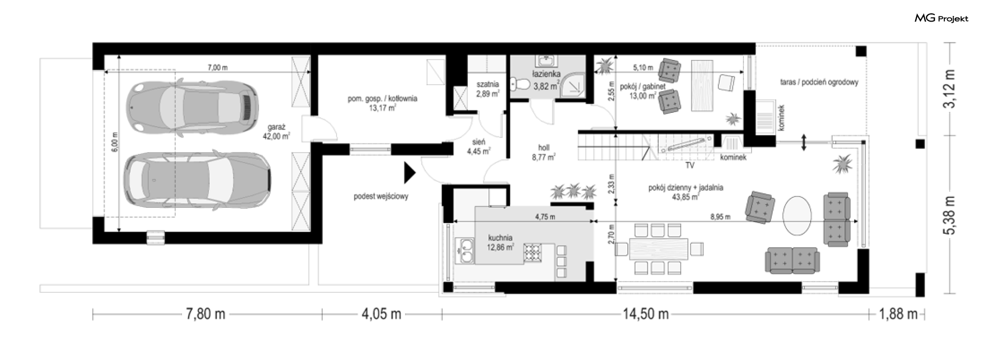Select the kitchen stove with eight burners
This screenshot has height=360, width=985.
[533, 252]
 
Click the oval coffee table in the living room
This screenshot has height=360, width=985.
[797, 215]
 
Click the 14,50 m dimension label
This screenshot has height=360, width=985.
[646, 314]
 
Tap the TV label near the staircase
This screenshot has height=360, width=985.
[690, 166]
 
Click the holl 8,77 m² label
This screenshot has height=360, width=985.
[544, 153]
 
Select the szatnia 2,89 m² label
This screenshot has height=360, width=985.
[487, 89]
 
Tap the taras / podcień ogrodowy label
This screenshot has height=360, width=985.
[819, 82]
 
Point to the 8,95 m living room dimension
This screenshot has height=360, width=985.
[720, 217]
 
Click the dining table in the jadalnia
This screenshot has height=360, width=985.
[658, 249]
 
